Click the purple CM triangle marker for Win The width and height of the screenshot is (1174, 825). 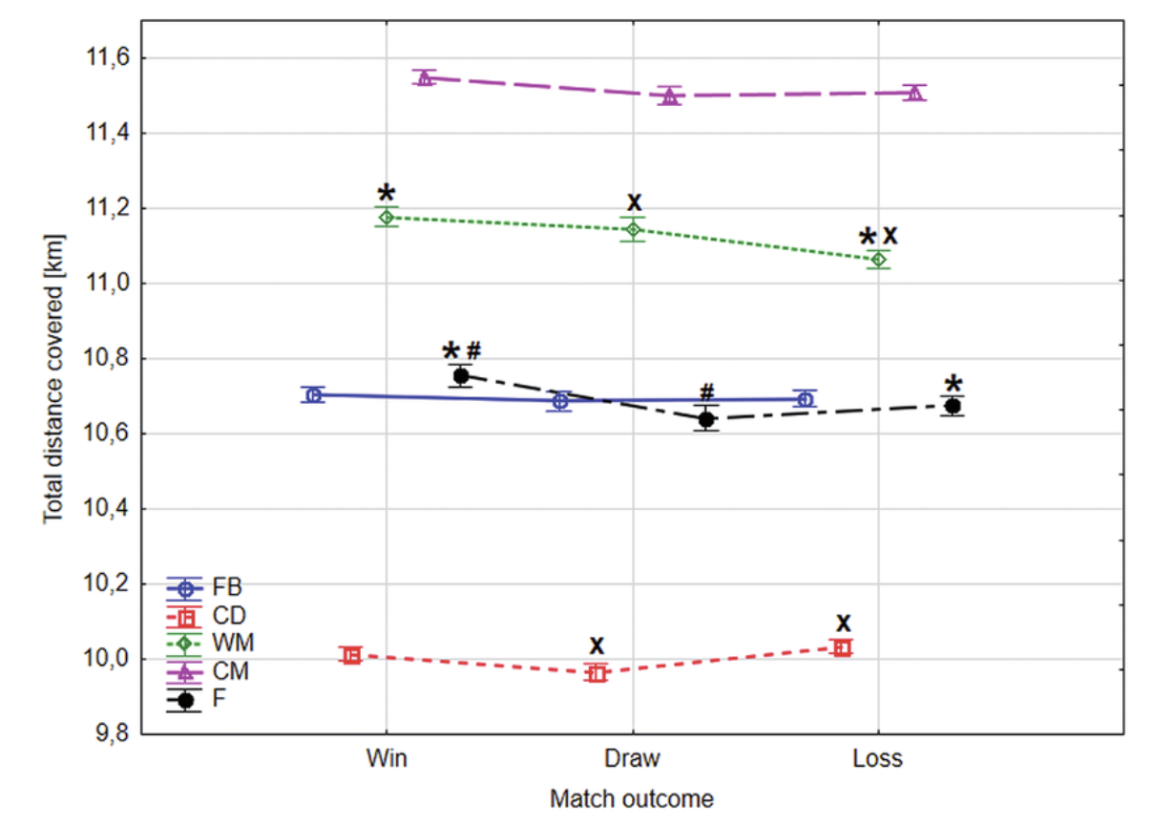pyautogui.click(x=426, y=77)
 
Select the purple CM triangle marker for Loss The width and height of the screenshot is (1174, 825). pyautogui.click(x=915, y=93)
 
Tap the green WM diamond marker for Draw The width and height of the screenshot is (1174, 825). pyautogui.click(x=633, y=229)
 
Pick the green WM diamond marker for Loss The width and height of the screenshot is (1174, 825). pyautogui.click(x=880, y=259)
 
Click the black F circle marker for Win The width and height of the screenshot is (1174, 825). pyautogui.click(x=461, y=375)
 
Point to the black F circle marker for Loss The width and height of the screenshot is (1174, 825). pyautogui.click(x=952, y=406)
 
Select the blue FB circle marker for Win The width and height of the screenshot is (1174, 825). pyautogui.click(x=313, y=394)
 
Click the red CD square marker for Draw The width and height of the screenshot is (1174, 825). pyautogui.click(x=597, y=672)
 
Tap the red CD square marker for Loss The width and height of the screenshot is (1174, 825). pyautogui.click(x=842, y=647)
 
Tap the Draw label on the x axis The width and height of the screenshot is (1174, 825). pyautogui.click(x=632, y=760)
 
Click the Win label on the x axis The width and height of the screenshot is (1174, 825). pyautogui.click(x=387, y=760)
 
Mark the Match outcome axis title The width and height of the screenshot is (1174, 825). pyautogui.click(x=631, y=797)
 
